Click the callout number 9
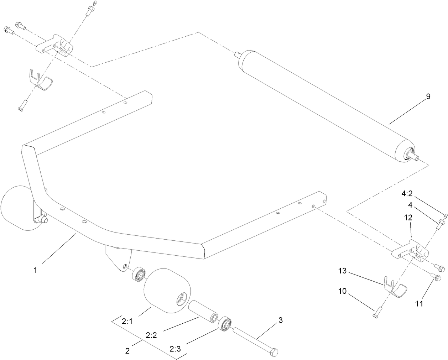click(x=428, y=96)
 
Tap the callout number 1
click(x=35, y=270)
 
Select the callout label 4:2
click(x=407, y=193)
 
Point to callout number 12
click(x=408, y=217)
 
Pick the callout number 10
click(x=342, y=291)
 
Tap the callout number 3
click(x=280, y=320)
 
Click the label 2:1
click(x=127, y=321)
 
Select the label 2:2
click(x=151, y=335)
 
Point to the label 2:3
click(x=175, y=349)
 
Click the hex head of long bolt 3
click(x=274, y=353)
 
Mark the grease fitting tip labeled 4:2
click(x=445, y=215)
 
